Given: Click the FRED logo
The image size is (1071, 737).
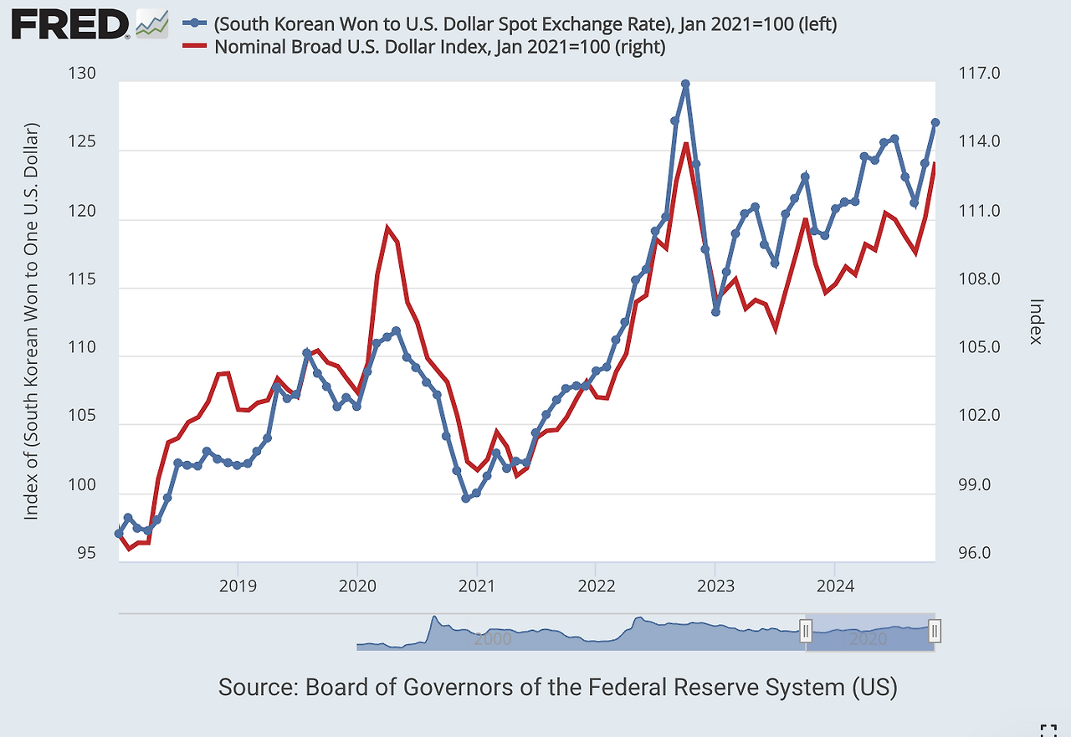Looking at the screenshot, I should point(71,25).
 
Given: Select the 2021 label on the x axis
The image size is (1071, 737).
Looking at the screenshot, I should point(476,585).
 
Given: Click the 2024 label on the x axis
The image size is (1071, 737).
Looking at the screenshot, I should point(834,585).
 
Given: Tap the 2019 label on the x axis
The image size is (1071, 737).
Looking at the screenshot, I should point(238,585).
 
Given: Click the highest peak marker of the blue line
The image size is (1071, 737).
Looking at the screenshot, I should point(685,84).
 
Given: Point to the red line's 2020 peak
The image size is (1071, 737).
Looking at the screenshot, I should point(387,228).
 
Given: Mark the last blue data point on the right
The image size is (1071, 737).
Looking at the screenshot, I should point(935,123).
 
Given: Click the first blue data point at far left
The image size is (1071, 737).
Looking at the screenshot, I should point(119,533).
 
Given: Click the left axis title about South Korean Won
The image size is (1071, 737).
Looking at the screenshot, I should point(32,321).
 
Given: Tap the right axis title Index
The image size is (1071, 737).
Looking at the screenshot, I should point(1036,321).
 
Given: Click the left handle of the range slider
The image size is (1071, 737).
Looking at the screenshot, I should point(806,631).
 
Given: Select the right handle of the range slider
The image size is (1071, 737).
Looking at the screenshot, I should point(935,631).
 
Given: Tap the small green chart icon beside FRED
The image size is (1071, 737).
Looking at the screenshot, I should point(151,24).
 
